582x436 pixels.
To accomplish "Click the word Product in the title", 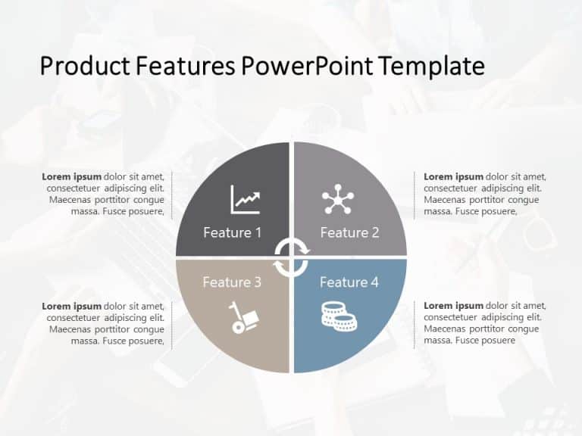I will tap(85, 67).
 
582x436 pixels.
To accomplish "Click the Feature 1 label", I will tap(232, 232).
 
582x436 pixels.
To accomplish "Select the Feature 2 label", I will tap(349, 232).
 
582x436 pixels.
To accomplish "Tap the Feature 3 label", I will tap(232, 282).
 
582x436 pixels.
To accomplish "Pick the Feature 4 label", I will tap(349, 282).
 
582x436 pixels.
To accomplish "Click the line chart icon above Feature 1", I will tap(245, 200).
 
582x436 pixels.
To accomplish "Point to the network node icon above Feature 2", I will tap(337, 199).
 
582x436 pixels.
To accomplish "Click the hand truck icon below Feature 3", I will tap(245, 317).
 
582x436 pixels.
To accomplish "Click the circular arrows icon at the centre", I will tap(291, 257).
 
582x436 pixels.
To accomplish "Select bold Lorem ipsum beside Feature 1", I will tap(72, 177).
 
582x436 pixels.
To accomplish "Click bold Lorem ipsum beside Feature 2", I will tap(453, 177).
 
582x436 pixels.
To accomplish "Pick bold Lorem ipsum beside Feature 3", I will tap(72, 306).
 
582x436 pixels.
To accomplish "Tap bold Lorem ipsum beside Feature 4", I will tap(453, 306).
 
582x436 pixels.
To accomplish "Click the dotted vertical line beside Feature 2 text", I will tap(415, 195).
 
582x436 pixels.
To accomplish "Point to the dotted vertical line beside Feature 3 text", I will tap(172, 324).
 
